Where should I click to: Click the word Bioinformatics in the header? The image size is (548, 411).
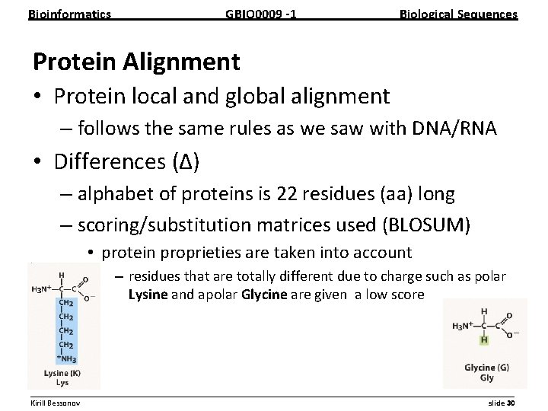coord(69,14)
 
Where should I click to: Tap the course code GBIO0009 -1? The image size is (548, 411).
coord(261,14)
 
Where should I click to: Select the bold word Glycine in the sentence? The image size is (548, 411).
coord(264,294)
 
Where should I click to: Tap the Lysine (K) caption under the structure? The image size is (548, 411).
coord(63,374)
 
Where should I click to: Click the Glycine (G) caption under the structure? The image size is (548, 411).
coord(486,368)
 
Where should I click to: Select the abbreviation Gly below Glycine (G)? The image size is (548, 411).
coord(486,378)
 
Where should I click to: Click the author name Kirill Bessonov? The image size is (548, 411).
coord(58,402)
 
